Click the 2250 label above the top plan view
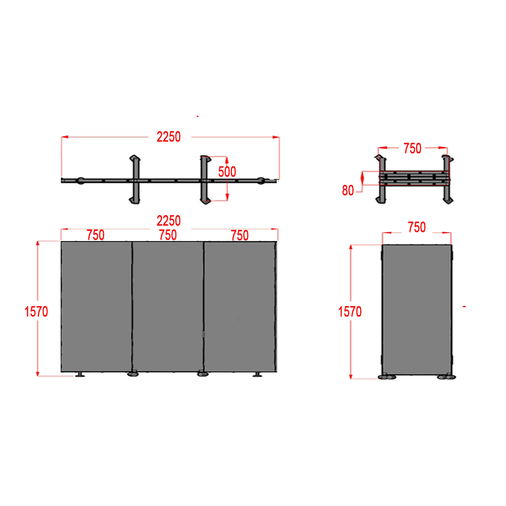[x=168, y=137]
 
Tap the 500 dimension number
[x=227, y=172]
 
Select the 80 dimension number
[x=348, y=190]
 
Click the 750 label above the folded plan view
[x=412, y=149]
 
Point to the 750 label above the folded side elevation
[x=417, y=227]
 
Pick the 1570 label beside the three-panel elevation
[x=36, y=312]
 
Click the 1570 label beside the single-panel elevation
[x=350, y=312]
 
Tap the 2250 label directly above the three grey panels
[x=168, y=221]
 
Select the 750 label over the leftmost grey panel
[x=96, y=235]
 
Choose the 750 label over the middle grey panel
[x=168, y=235]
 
